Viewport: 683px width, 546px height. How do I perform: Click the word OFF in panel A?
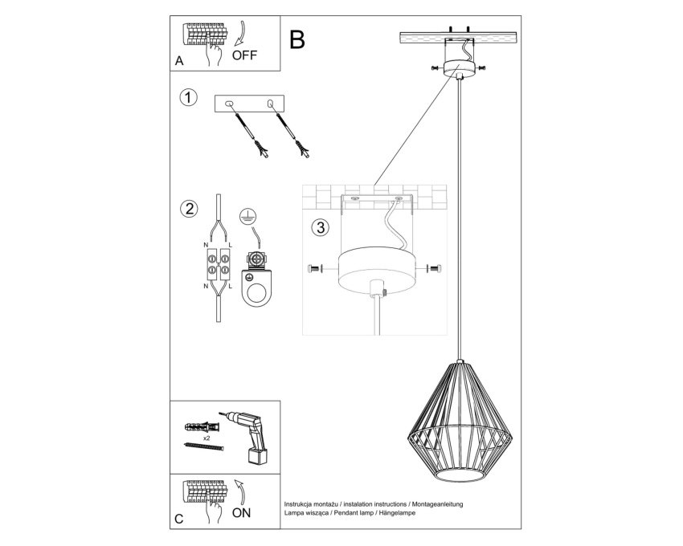point(244,55)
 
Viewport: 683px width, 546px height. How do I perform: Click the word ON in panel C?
point(241,512)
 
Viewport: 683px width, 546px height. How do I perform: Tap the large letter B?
point(297,39)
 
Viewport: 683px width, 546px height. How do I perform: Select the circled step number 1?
point(188,97)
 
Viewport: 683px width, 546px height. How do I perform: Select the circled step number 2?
point(189,209)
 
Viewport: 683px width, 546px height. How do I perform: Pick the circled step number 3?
point(321,227)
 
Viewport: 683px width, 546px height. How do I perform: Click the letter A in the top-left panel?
point(179,61)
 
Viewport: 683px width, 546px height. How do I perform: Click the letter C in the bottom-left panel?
point(179,519)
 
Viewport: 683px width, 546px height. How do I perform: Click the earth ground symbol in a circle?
point(247,216)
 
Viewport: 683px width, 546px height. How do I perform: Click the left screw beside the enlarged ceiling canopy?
point(314,269)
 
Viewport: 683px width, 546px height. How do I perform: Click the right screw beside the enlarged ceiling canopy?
point(435,268)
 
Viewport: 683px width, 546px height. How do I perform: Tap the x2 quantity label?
point(207,435)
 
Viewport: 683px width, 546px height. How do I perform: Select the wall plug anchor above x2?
point(201,426)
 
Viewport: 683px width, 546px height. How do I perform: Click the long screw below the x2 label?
point(204,446)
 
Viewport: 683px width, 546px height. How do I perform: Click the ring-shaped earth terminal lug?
point(256,287)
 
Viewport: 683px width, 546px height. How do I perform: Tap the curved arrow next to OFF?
point(240,34)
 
